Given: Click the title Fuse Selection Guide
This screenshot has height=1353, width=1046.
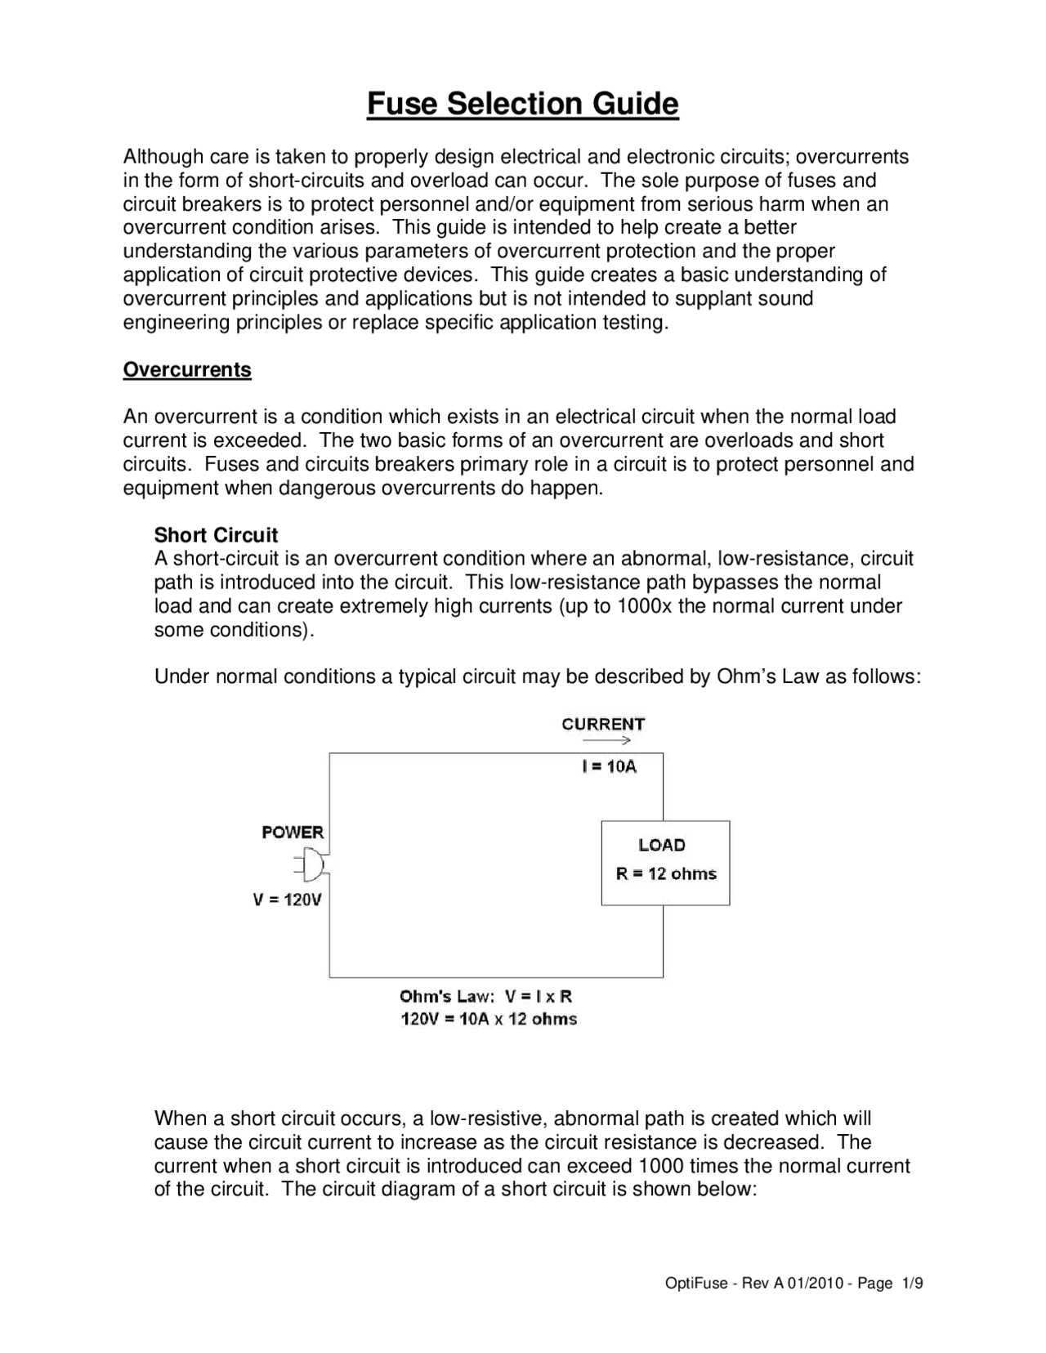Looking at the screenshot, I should click(x=522, y=105).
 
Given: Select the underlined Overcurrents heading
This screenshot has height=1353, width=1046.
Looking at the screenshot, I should click(x=187, y=370).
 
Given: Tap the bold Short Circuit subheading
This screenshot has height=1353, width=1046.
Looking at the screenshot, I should click(x=216, y=535).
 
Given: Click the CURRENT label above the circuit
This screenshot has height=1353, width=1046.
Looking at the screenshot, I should click(x=603, y=724).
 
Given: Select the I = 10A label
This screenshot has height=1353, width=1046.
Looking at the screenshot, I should click(x=609, y=766).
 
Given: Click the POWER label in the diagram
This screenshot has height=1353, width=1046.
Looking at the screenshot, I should click(x=293, y=833).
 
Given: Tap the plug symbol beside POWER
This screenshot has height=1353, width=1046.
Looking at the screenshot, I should click(x=311, y=864).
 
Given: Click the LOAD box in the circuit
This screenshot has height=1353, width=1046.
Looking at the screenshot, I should click(x=665, y=863).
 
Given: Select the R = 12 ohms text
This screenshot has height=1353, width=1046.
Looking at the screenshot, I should click(x=666, y=874).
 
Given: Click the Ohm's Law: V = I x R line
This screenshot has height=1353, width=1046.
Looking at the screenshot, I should click(x=485, y=997).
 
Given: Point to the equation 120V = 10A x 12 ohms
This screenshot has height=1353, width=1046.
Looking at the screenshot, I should click(x=489, y=1019).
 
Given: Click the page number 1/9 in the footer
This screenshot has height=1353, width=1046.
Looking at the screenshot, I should click(x=912, y=1284).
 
